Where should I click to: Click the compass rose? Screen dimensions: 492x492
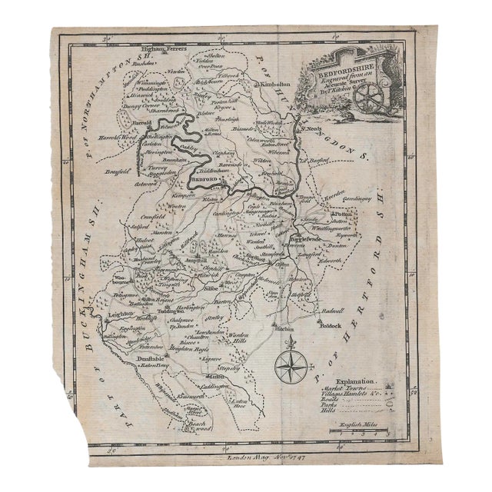(290, 366)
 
